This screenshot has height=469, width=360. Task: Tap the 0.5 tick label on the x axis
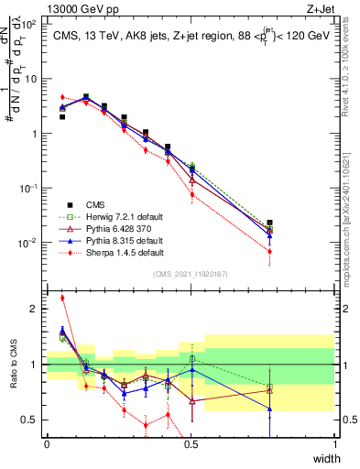[191, 444]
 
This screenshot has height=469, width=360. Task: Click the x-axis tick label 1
[334, 444]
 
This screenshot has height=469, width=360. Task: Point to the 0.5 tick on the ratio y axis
[33, 420]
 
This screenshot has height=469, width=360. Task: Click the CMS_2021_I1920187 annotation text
[191, 274]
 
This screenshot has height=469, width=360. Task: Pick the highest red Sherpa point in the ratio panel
[62, 298]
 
